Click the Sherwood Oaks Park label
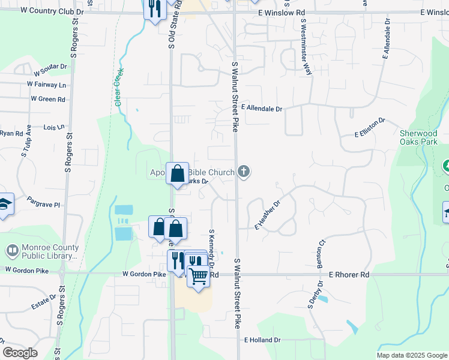coord(419,137)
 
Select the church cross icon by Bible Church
coord(243,172)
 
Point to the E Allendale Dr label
coord(261,109)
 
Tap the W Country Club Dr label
coord(52,11)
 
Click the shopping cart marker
coord(199,277)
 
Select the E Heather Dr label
coord(268,216)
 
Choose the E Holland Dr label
coord(262,340)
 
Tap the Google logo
coord(20,353)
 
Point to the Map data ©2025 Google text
coord(411,355)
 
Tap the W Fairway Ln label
coord(46,85)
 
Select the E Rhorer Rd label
coord(348,274)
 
